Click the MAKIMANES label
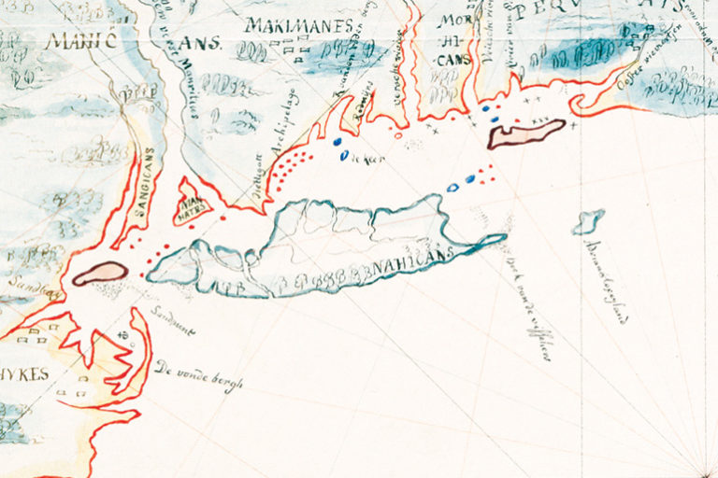click(x=299, y=25)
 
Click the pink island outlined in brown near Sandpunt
click(x=100, y=273)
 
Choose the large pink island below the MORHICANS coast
click(x=526, y=134)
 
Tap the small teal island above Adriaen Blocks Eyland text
click(x=588, y=222)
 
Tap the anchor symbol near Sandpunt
click(x=123, y=337)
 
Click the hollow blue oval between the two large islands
click(x=452, y=187)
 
